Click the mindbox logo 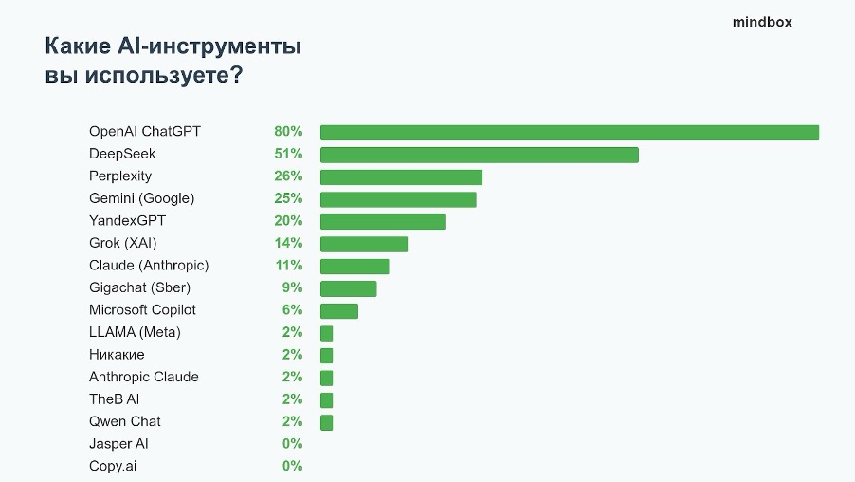[x=761, y=22]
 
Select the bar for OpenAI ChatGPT [x=569, y=132]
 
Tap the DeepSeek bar [x=479, y=155]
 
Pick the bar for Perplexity [x=401, y=176]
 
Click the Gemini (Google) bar [x=398, y=199]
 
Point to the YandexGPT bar [x=382, y=221]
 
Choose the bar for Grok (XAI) [x=363, y=244]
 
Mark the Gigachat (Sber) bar [x=348, y=288]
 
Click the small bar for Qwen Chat [x=326, y=422]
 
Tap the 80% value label [x=288, y=131]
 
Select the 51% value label [x=288, y=154]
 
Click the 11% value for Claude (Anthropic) [x=288, y=265]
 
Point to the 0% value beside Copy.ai [x=292, y=466]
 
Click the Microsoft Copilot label [x=142, y=309]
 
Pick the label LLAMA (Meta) [x=135, y=332]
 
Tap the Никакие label [x=117, y=354]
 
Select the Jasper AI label [x=118, y=443]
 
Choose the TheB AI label [x=115, y=399]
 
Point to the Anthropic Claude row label [x=144, y=377]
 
